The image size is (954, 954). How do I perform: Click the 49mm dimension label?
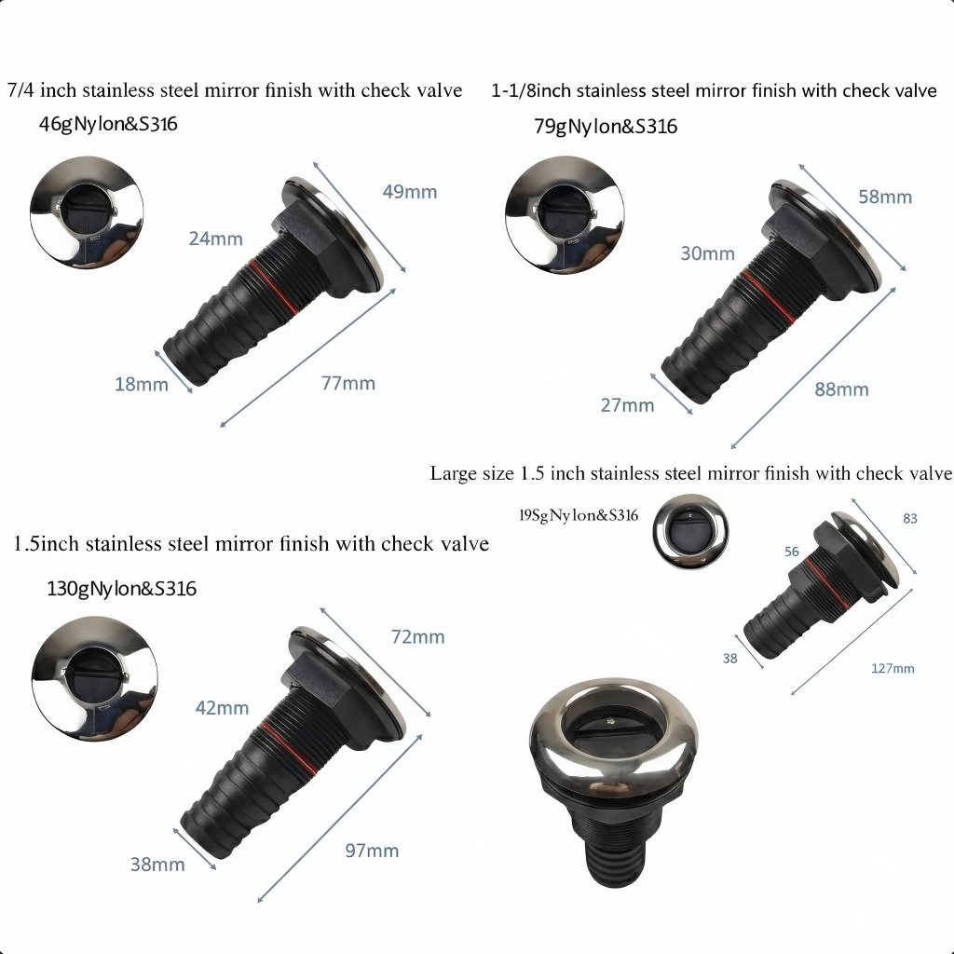(409, 192)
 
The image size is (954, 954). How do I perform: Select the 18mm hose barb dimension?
(142, 384)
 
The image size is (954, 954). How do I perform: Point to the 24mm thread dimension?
(215, 238)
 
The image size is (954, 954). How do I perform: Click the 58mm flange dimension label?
(885, 197)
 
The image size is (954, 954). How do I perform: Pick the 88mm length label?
(841, 389)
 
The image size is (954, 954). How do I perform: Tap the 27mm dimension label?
(627, 405)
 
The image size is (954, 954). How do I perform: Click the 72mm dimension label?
(417, 637)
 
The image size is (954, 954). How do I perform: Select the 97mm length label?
(371, 851)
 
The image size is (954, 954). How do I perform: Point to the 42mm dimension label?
(222, 708)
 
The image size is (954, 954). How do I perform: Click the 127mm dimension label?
(893, 668)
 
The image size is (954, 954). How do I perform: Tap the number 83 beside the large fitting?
(910, 518)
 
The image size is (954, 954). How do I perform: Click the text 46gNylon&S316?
(108, 123)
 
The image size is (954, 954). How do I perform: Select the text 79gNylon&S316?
(606, 127)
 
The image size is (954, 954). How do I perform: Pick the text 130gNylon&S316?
(121, 589)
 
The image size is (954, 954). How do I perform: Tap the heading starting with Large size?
(690, 473)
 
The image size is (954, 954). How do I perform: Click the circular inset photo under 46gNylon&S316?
(86, 212)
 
